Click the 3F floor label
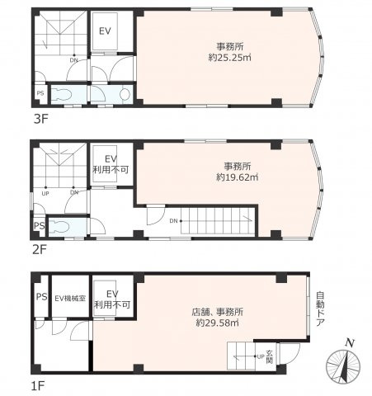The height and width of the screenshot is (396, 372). tap(40, 119)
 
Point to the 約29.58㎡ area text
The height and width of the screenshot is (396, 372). tap(218, 324)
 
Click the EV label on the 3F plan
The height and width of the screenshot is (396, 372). tap(105, 31)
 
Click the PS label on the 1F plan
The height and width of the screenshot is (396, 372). tap(40, 297)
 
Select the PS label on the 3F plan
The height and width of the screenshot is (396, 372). tap(40, 94)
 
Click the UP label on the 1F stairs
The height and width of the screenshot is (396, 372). tap(261, 356)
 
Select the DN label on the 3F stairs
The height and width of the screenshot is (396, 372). tap(73, 60)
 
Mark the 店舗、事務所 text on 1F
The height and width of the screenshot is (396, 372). tap(218, 313)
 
